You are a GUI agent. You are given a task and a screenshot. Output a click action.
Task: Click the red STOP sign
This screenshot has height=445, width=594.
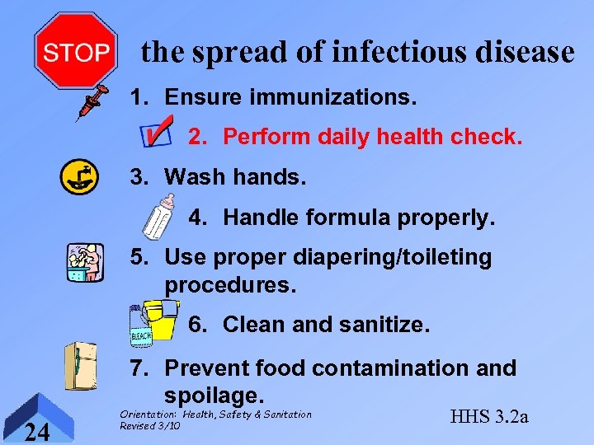(x=75, y=51)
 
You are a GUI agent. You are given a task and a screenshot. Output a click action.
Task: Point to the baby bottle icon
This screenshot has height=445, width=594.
(x=158, y=216)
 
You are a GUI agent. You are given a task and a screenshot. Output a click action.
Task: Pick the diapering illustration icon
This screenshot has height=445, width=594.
(x=84, y=263)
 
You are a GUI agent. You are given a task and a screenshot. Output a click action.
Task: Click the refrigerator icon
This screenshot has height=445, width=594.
(x=82, y=365)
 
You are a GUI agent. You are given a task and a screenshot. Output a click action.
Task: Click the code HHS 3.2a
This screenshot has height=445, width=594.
(x=488, y=416)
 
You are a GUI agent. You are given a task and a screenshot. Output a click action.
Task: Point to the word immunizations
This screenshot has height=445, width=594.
(x=331, y=97)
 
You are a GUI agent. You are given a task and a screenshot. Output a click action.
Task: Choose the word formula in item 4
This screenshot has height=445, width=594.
(x=356, y=218)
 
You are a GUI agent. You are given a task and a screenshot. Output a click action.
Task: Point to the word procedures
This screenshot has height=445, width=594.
(x=230, y=285)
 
